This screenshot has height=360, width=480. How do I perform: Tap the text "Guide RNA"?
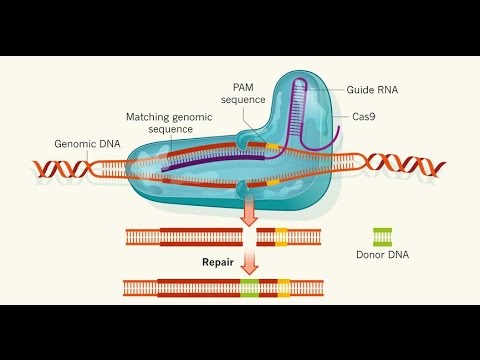[x=373, y=90]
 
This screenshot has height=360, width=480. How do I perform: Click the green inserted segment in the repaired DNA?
[x=249, y=288]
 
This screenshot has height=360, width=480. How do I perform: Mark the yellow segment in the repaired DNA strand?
[x=284, y=288]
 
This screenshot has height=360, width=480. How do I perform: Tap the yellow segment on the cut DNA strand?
[x=281, y=237]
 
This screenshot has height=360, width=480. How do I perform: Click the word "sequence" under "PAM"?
[x=242, y=100]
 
